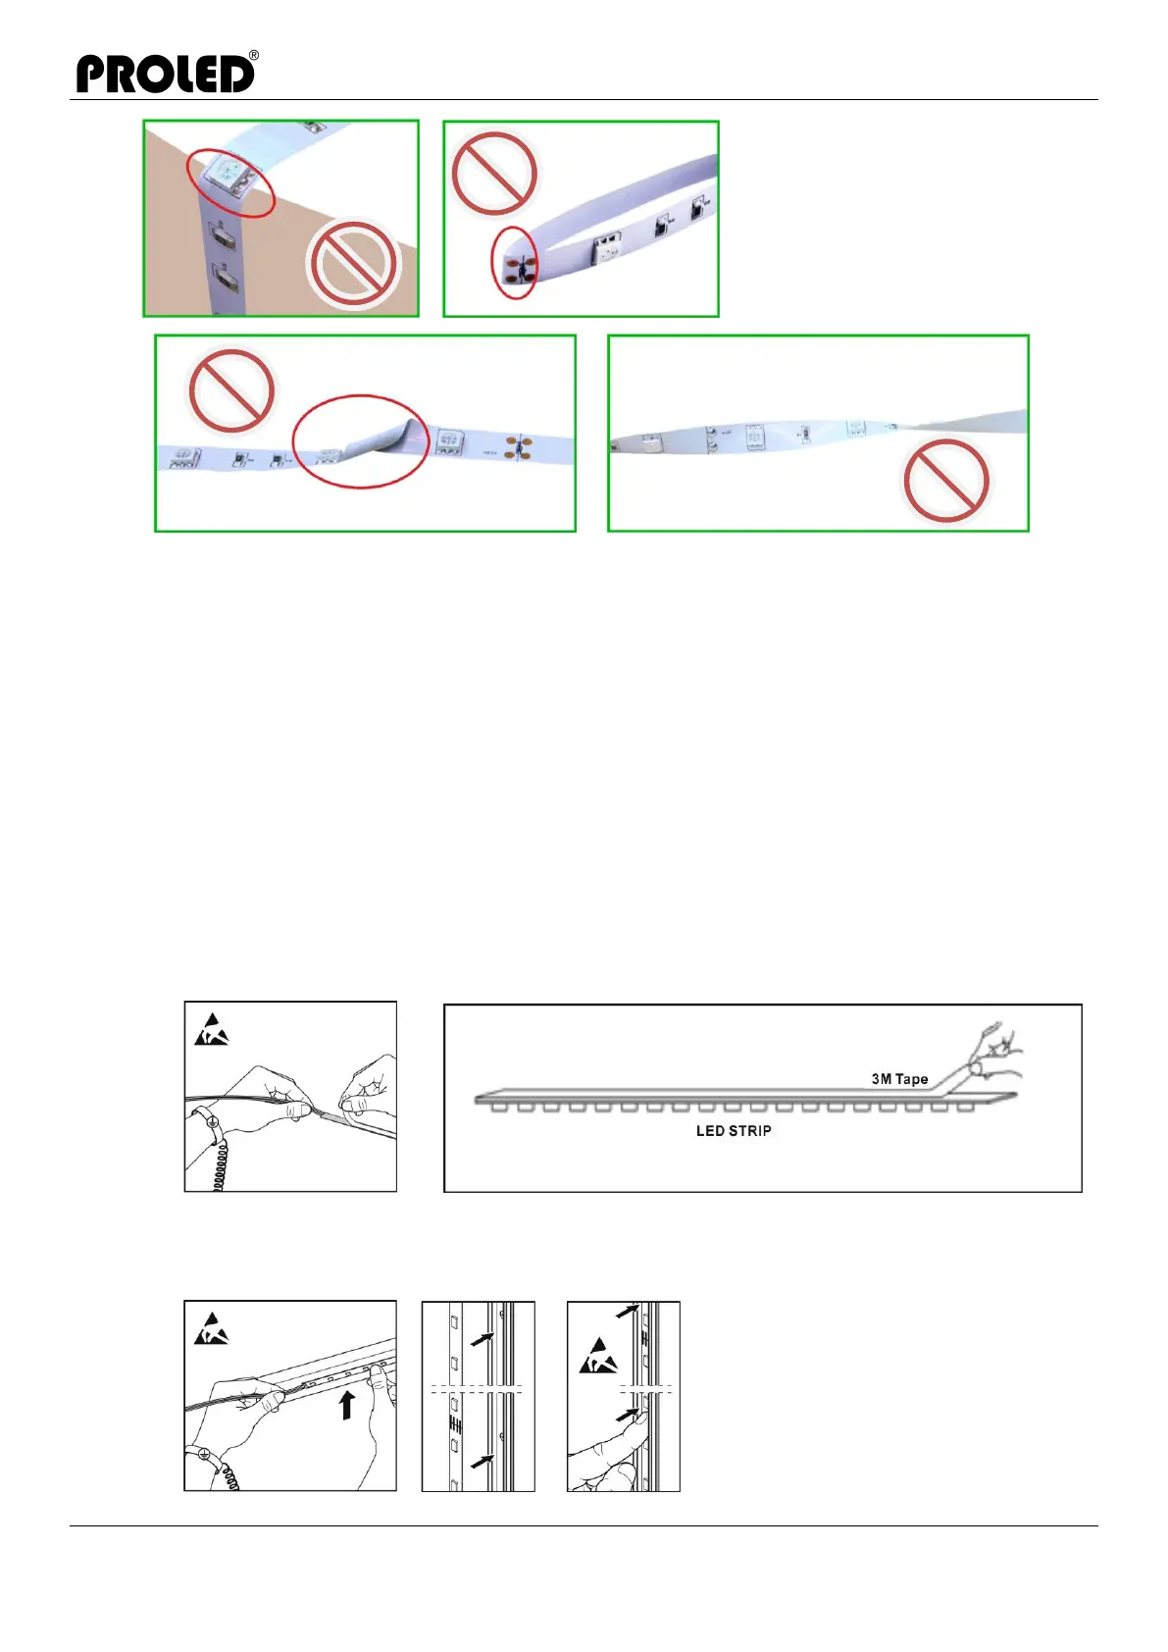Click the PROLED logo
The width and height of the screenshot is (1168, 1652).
[165, 74]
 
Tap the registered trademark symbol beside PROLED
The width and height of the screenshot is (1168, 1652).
[254, 56]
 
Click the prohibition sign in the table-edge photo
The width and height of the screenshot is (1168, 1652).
[352, 264]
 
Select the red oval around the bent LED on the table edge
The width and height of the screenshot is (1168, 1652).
[230, 181]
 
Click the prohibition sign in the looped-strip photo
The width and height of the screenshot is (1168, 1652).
[494, 174]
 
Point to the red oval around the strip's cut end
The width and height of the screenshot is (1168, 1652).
[514, 263]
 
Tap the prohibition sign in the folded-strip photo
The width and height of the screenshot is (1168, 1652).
[230, 389]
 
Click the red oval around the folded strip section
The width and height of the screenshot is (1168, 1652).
[361, 440]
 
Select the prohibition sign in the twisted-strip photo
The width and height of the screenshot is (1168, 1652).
[945, 481]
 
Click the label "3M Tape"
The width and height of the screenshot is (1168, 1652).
[899, 1079]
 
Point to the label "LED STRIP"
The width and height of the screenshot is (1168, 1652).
[734, 1131]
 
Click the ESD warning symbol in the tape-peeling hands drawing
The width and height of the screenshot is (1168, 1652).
[211, 1031]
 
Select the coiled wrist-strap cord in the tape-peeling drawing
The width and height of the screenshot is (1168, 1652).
[221, 1162]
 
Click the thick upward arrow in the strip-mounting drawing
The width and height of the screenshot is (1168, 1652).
[346, 1405]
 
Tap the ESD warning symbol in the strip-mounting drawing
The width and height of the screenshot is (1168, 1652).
[211, 1330]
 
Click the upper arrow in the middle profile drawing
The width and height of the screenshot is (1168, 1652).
[481, 1339]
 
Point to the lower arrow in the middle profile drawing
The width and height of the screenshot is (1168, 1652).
[481, 1462]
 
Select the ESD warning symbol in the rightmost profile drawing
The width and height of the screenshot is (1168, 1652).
[597, 1357]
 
